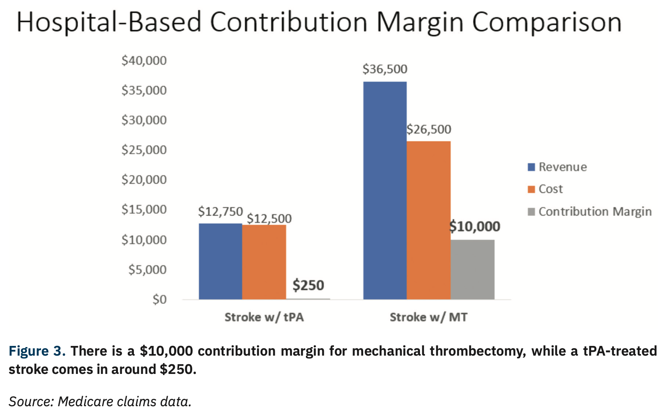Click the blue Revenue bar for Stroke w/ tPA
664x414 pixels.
220,261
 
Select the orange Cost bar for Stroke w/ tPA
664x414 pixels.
264,262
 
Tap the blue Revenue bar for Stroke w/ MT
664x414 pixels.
385,190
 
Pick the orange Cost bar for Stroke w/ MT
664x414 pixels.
429,220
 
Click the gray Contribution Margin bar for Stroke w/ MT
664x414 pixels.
473,269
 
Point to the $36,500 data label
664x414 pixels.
385,69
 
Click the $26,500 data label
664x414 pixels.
429,129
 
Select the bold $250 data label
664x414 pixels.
308,285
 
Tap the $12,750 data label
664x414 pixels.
220,212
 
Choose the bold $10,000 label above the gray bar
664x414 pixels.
475,226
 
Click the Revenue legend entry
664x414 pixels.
557,167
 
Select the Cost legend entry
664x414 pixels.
545,189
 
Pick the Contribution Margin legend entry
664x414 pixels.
590,212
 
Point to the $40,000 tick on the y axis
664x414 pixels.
144,61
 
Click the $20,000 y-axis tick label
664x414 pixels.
144,180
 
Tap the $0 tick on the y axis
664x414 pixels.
160,299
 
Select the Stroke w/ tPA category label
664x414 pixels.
264,317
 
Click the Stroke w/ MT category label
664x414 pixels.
429,317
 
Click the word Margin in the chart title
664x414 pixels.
420,23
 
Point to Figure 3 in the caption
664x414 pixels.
37,351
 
